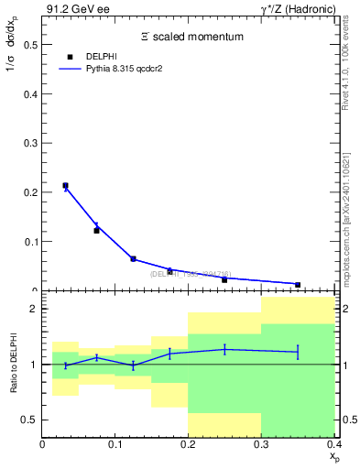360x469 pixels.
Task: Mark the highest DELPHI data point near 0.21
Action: coord(65,186)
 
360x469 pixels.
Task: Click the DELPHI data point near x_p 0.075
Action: coord(96,230)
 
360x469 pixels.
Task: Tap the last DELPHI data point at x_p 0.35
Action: coord(298,285)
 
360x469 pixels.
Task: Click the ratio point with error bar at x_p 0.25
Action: coord(224,349)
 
